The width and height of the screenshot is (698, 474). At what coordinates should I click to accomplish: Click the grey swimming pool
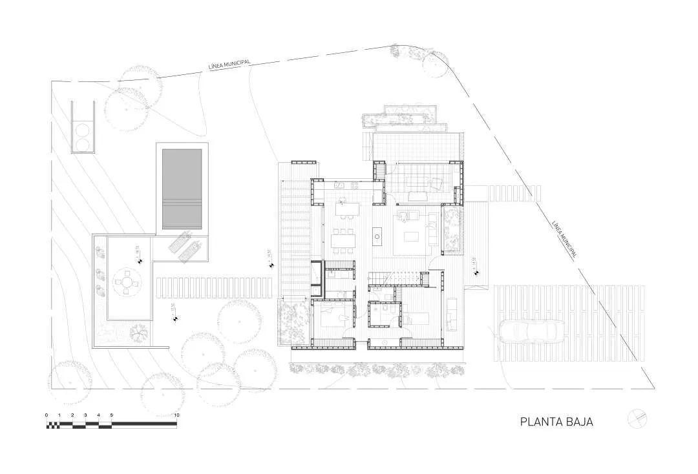[x=183, y=188]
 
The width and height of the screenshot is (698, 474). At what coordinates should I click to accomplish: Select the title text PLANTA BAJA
[x=556, y=422]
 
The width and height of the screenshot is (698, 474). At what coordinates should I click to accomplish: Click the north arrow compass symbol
[x=637, y=418]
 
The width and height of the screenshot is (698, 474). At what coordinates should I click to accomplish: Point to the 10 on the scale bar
[x=176, y=415]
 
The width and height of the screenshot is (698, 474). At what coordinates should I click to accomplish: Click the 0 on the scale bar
[x=47, y=415]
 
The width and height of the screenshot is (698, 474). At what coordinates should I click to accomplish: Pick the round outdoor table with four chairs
[x=126, y=282]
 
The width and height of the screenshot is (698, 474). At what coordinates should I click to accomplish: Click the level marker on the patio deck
[x=139, y=260]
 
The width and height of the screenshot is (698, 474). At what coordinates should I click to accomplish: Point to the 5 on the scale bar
[x=112, y=415]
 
